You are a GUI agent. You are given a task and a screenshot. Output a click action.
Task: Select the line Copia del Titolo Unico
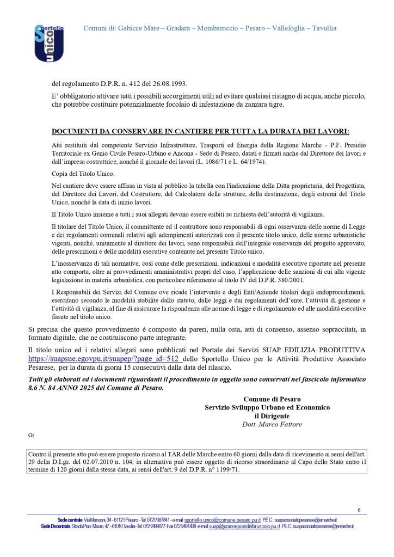pyautogui.click(x=83, y=173)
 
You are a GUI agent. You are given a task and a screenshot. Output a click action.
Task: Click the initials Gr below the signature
pyautogui.click(x=31, y=435)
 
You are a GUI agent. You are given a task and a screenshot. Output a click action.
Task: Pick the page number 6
pyautogui.click(x=359, y=510)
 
